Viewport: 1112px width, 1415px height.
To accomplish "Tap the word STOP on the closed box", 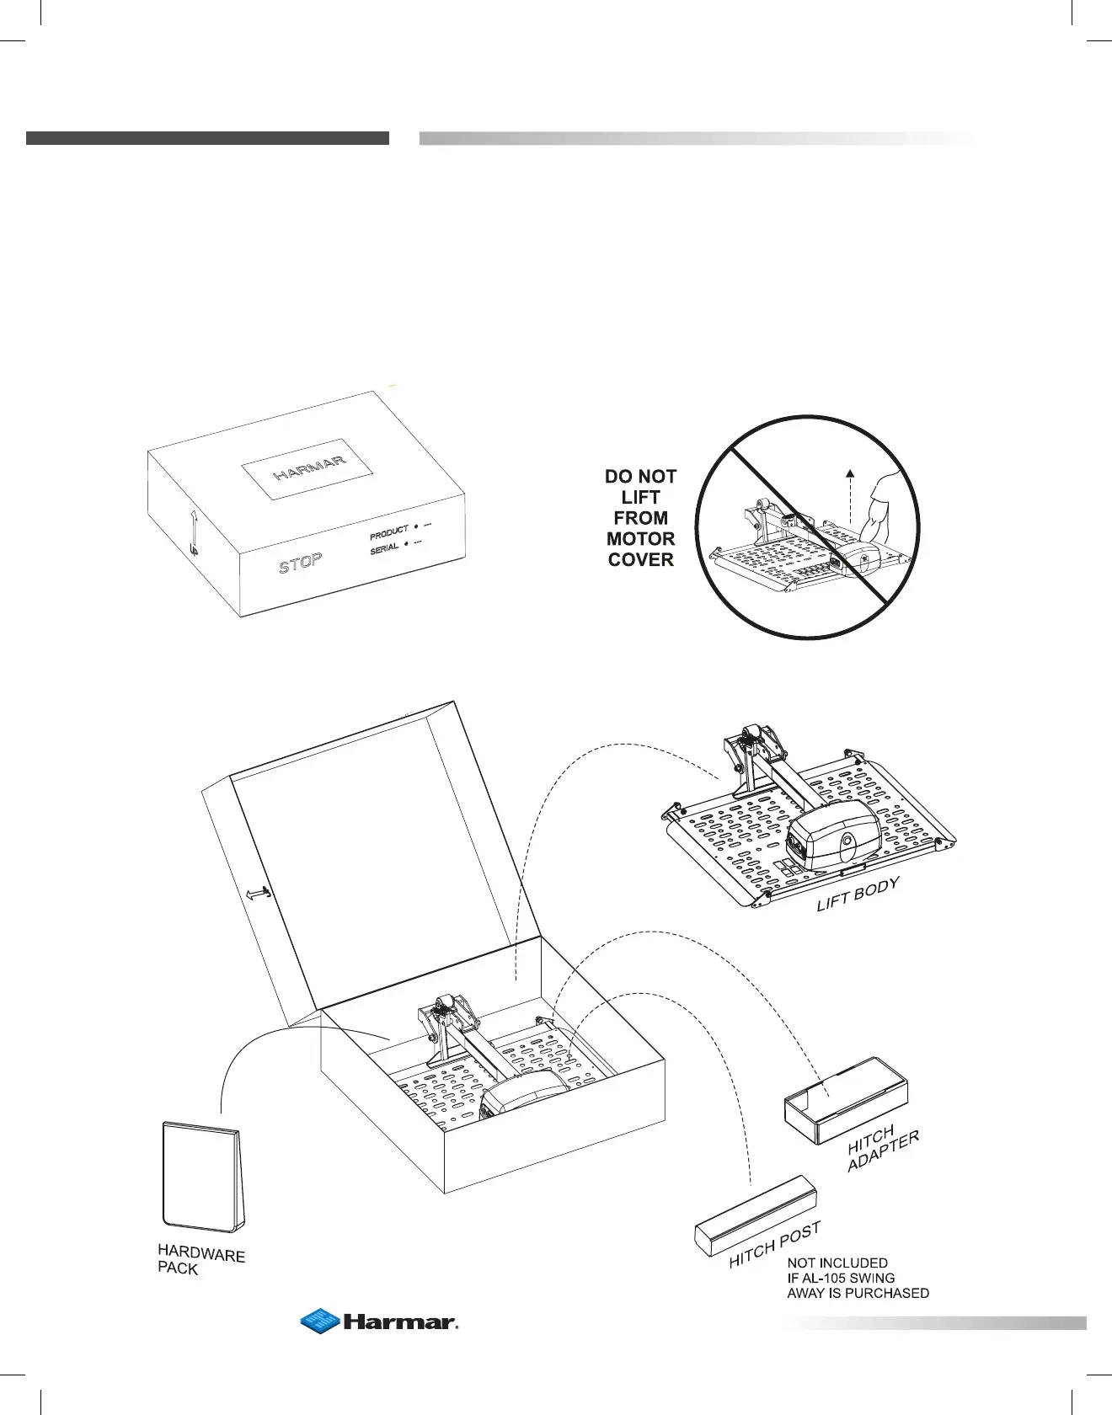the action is [301, 563].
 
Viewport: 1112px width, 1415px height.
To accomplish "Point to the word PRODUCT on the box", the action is [388, 533].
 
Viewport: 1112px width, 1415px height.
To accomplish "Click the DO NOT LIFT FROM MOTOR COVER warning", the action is [640, 517].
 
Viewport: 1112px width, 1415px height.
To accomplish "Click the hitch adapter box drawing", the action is [845, 1102].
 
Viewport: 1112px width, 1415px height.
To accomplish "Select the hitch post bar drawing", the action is [755, 1215].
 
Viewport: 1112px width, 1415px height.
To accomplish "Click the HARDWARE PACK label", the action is [200, 1260].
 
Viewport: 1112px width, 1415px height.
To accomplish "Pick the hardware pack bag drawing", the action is [203, 1176].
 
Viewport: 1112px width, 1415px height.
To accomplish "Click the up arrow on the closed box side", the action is [193, 532].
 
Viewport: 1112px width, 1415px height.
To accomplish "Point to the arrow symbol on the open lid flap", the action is [258, 894].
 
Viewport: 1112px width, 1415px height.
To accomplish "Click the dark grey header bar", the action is [207, 138].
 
